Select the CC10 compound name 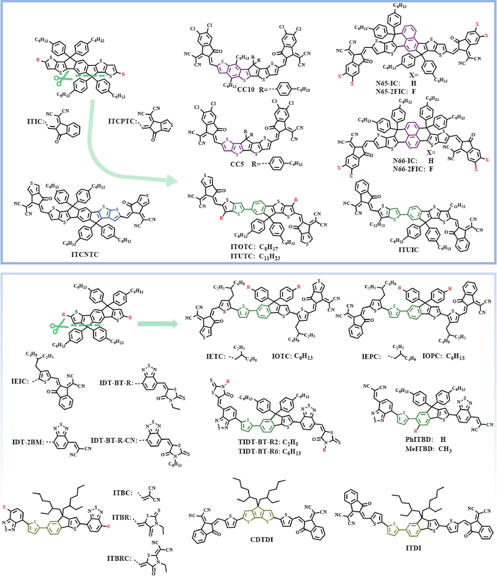click(x=246, y=90)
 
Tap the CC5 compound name click(x=237, y=164)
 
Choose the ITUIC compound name click(x=408, y=250)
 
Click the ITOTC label click(x=243, y=247)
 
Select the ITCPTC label click(x=122, y=121)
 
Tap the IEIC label click(x=20, y=381)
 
